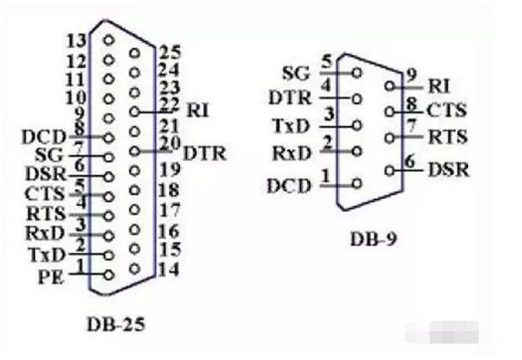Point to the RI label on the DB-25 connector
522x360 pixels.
click(x=198, y=108)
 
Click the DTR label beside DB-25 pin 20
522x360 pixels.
click(x=205, y=152)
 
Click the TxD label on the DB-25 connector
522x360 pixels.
click(x=44, y=254)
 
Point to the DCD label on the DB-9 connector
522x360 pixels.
click(x=289, y=185)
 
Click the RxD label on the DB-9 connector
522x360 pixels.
click(x=290, y=155)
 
